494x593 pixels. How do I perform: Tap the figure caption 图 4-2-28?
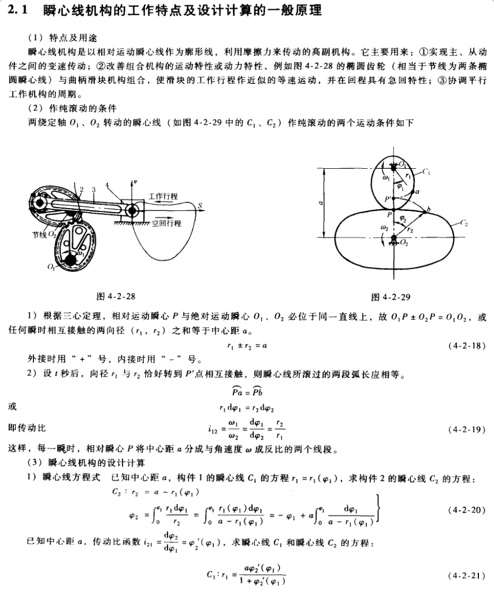[x=116, y=296]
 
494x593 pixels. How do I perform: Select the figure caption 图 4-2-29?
[x=391, y=297]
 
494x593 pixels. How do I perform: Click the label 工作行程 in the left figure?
[x=164, y=195]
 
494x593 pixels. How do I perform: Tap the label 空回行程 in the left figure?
[x=166, y=223]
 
